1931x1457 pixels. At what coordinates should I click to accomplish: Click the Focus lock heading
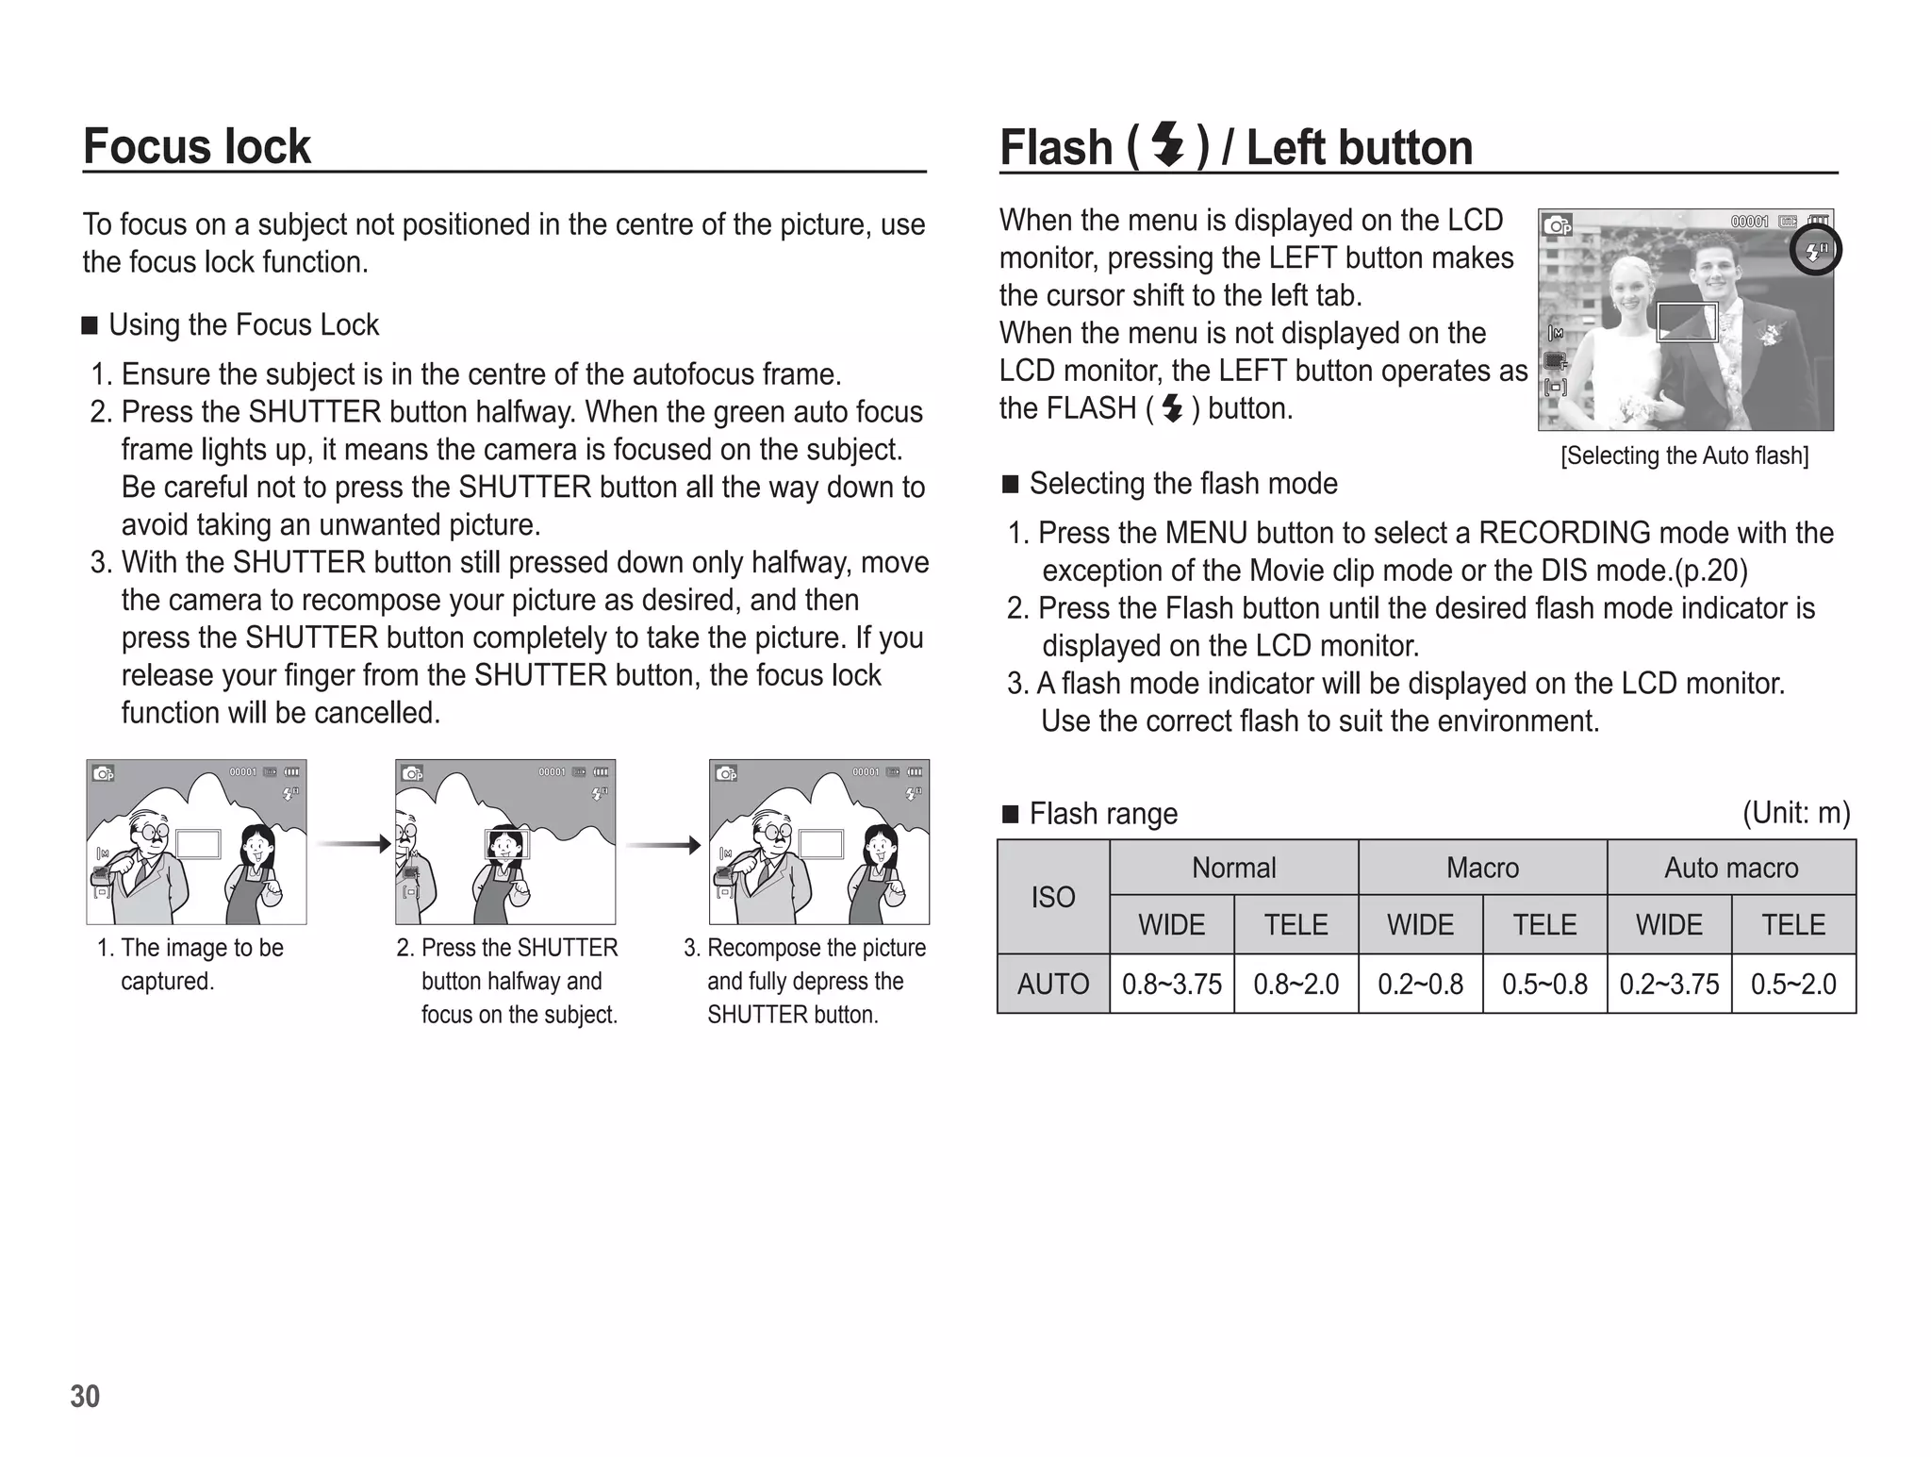coord(196,146)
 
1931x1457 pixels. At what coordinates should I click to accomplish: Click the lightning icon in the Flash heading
coord(1168,146)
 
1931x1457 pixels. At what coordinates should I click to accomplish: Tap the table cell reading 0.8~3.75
coord(1171,985)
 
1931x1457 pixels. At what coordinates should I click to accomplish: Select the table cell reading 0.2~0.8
coord(1420,985)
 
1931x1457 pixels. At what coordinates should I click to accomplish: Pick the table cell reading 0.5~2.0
coord(1793,985)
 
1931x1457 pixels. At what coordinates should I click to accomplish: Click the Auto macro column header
coord(1731,868)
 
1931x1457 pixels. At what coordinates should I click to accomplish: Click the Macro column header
coord(1482,868)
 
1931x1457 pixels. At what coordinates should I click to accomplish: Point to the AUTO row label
coord(1053,985)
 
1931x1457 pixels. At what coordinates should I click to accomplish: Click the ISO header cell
coord(1053,897)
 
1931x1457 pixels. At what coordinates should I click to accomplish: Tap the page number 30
coord(85,1397)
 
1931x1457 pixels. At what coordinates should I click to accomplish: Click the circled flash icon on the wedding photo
coord(1815,251)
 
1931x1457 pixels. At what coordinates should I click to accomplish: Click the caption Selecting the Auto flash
coord(1685,456)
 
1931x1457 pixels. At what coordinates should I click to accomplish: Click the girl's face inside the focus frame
coord(507,843)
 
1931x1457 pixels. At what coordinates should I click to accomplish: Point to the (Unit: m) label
coord(1795,813)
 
